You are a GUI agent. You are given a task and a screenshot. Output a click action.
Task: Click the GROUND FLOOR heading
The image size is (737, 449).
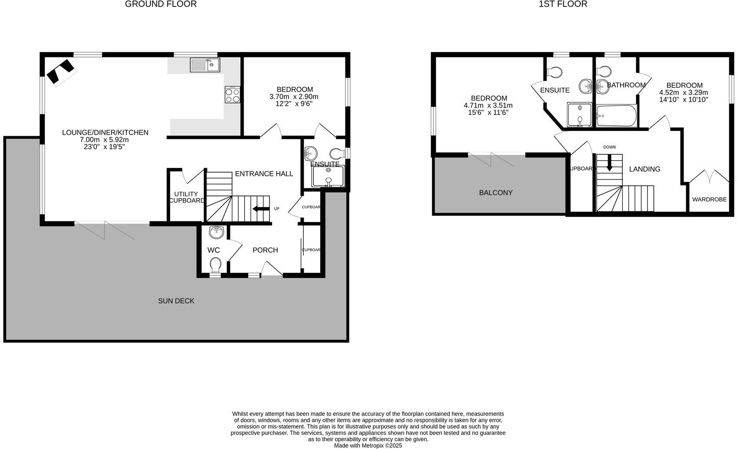click(x=161, y=4)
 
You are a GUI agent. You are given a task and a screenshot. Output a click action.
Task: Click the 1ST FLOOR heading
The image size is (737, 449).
click(x=563, y=4)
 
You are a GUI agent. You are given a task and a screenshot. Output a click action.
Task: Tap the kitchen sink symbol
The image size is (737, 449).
click(x=205, y=65)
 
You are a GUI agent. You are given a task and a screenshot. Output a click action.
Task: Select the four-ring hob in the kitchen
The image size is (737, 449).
click(x=232, y=95)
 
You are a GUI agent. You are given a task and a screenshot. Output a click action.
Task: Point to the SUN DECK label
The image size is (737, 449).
click(x=176, y=301)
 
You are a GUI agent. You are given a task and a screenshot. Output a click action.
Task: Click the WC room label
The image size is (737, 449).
click(x=213, y=250)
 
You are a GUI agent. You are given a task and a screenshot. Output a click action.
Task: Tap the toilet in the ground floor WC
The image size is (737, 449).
click(x=216, y=264)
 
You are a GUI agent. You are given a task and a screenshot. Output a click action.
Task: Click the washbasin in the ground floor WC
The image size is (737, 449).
click(x=216, y=232)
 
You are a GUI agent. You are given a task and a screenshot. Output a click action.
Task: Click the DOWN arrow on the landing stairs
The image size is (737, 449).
click(x=609, y=162)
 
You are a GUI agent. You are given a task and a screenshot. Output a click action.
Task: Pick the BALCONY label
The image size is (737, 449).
click(x=496, y=193)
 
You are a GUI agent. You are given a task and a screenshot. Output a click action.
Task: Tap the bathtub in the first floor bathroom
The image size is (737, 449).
click(x=616, y=116)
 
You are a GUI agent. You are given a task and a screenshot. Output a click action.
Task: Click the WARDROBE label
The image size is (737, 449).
click(x=709, y=200)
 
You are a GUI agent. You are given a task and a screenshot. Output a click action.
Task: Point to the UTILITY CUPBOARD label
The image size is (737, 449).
click(x=186, y=197)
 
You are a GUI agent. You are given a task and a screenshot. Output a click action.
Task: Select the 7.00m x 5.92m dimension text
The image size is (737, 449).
click(x=104, y=140)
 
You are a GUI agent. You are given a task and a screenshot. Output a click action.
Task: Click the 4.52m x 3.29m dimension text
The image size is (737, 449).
click(x=684, y=93)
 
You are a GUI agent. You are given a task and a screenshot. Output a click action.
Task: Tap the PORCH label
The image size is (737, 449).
click(x=265, y=250)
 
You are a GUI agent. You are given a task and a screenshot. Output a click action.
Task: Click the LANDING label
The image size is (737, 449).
click(x=644, y=169)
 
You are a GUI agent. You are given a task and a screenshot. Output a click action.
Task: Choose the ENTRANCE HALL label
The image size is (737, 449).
click(x=264, y=174)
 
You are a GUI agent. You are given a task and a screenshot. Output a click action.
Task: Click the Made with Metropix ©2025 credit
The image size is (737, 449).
click(x=368, y=446)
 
